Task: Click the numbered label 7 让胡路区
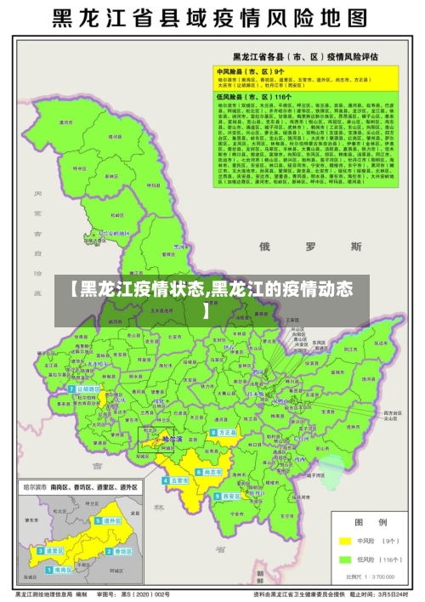[x=88, y=389]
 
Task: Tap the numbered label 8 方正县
[x=225, y=432]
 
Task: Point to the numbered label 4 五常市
[x=177, y=480]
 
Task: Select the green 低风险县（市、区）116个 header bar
[x=306, y=99]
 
